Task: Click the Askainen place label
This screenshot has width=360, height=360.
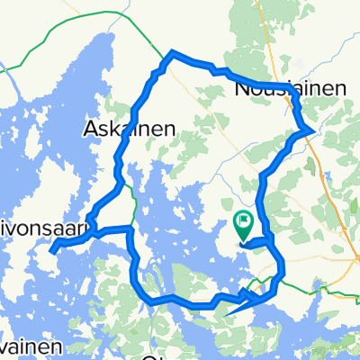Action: pyautogui.click(x=123, y=129)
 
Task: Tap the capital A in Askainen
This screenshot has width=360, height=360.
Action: pyautogui.click(x=90, y=129)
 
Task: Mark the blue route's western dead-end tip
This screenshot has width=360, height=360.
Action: pyautogui.click(x=52, y=247)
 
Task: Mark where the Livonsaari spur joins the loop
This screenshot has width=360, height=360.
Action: pyautogui.click(x=131, y=232)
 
